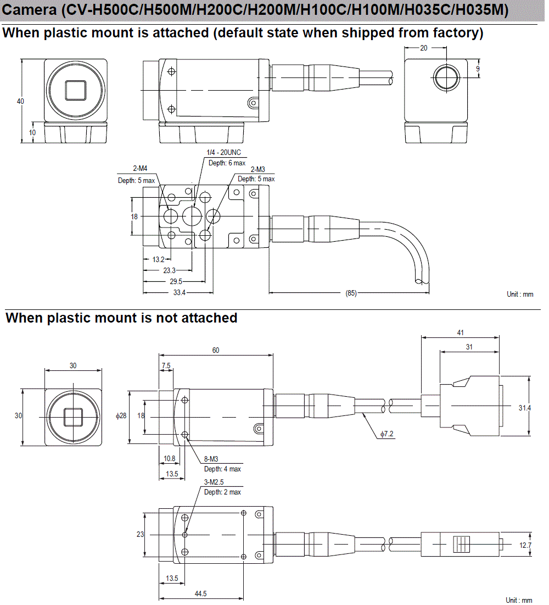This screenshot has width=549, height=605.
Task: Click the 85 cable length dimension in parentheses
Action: (351, 293)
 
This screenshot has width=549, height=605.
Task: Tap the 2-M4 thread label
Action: (139, 169)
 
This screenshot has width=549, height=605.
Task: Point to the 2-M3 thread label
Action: (259, 169)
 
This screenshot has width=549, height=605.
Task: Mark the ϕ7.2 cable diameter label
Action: (386, 434)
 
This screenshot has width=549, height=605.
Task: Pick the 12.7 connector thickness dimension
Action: (525, 545)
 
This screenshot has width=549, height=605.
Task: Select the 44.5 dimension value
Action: (200, 593)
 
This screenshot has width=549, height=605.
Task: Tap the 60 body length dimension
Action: (216, 350)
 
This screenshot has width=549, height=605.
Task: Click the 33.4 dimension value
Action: (179, 293)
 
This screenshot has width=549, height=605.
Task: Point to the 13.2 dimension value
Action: (158, 259)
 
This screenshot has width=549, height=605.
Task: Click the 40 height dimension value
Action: (20, 101)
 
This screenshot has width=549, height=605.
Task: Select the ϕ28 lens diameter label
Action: (121, 416)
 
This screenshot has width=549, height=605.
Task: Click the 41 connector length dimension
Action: (460, 332)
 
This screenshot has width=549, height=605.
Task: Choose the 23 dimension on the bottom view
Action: (140, 534)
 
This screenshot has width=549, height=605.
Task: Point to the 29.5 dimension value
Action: (175, 281)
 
